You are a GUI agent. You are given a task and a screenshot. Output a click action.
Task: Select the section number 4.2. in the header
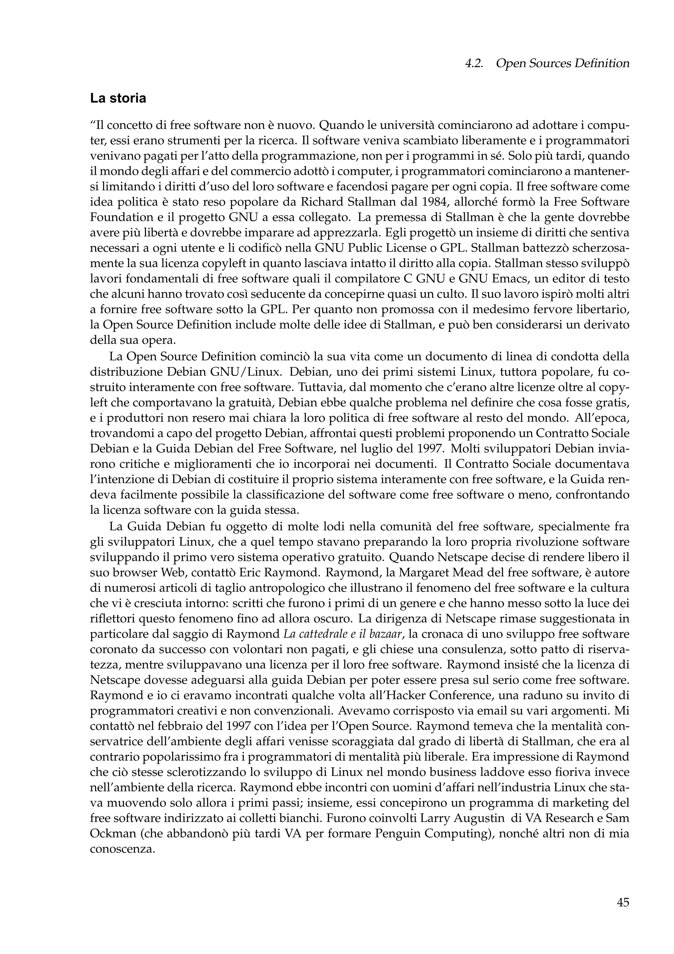pyautogui.click(x=474, y=64)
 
